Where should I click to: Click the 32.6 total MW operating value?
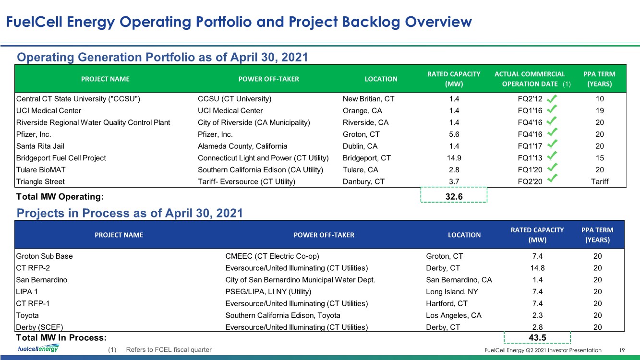[454, 197]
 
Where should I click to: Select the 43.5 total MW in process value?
[537, 337]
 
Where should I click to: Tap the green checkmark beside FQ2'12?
[552, 98]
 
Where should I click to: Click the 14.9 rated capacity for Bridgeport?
[454, 158]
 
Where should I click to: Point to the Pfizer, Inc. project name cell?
[34, 134]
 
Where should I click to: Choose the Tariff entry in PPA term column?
[599, 181]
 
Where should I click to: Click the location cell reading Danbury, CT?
[363, 181]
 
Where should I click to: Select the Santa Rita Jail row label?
[40, 146]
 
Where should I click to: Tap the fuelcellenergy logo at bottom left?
[38, 348]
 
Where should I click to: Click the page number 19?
[622, 350]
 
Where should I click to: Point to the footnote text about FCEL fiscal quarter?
[169, 349]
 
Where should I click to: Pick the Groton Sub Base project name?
[44, 256]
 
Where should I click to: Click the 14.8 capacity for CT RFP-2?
[537, 268]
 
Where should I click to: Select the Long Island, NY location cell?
[452, 292]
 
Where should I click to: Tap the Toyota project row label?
[27, 315]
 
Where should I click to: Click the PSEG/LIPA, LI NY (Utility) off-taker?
[268, 292]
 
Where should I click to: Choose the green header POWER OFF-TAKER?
[268, 79]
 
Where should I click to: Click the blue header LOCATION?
[464, 235]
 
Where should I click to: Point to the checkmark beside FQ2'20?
[552, 178]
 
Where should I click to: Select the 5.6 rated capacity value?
[454, 134]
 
